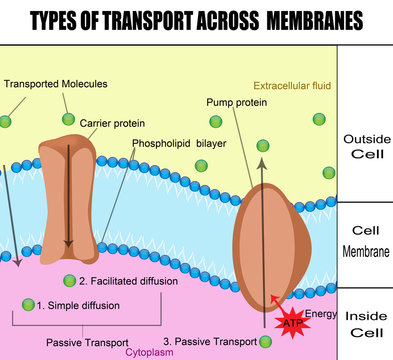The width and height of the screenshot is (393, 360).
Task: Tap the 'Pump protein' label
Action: (235, 102)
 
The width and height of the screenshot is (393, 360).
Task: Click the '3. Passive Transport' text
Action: (208, 341)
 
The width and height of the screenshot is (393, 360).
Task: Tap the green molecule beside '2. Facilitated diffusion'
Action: (69, 281)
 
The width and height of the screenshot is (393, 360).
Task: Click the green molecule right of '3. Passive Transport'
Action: (266, 342)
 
